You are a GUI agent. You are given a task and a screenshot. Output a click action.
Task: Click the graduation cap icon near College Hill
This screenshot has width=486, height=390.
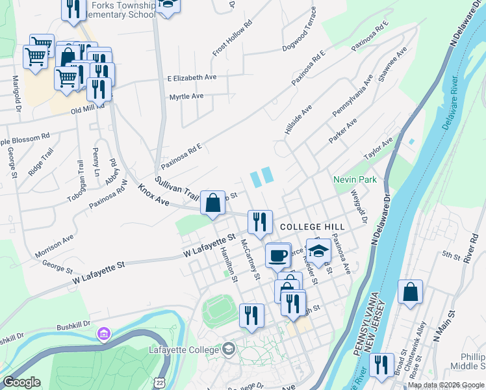318,250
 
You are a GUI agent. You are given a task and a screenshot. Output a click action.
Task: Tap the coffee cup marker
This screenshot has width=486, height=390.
278,254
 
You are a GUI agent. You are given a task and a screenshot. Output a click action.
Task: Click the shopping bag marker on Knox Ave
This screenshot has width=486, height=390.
212,203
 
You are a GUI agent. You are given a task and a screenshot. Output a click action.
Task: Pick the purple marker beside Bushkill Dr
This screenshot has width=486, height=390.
103,334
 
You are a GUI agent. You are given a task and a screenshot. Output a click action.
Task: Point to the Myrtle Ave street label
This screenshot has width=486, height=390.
186,96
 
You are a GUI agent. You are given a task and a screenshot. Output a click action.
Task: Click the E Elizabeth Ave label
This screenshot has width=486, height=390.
192,77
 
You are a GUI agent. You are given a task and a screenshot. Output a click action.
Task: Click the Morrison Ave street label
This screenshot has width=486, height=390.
55,246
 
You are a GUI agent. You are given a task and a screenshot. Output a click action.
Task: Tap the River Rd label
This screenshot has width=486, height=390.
472,250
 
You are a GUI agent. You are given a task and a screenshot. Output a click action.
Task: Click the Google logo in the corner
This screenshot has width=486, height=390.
22,383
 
